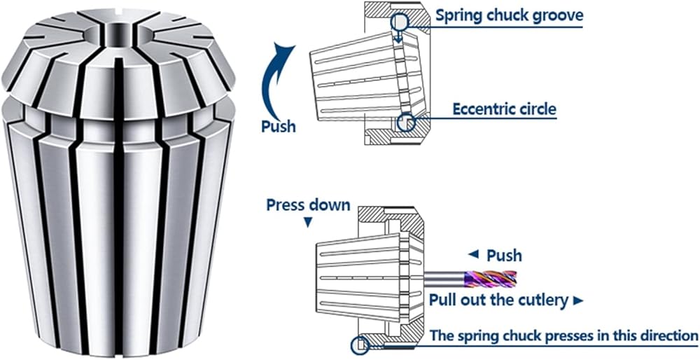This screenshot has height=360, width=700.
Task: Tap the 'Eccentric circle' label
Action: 504,109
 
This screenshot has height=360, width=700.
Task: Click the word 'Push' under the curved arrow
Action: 278,127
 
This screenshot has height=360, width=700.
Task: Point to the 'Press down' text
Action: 308,205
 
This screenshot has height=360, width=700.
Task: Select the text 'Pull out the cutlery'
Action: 498,300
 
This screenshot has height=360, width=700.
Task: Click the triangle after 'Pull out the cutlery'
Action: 577,301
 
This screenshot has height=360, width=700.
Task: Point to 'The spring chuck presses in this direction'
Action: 564,335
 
